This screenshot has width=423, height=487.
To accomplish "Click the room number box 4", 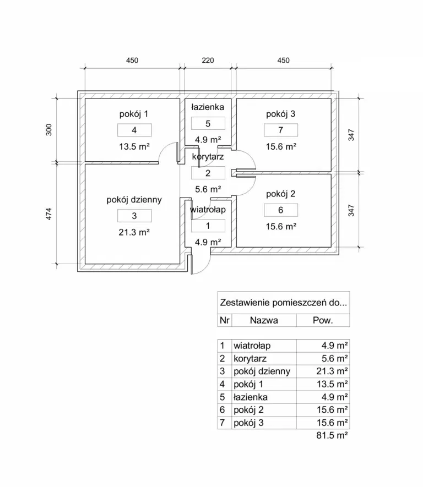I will point(134,130).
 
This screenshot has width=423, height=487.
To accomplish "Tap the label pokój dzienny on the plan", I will point(134,200).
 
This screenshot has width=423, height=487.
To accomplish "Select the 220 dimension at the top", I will point(208,61).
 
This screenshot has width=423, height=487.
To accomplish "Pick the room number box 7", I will point(280,130).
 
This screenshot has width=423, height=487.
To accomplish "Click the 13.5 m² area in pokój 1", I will point(134,146).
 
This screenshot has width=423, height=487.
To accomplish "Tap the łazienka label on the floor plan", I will point(208,107).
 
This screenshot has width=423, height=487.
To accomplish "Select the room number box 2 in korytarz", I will point(208,173).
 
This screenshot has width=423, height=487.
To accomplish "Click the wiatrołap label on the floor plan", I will point(208,210).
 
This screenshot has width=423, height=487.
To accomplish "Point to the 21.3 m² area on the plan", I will point(134,232).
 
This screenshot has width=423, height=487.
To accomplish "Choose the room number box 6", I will point(280,210).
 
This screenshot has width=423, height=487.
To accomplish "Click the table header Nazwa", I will point(264,320).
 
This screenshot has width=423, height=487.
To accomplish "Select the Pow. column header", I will point(323,320).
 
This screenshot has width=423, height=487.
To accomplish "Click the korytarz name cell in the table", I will point(250,358).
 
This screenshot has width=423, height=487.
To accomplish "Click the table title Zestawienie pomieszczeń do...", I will point(283,303).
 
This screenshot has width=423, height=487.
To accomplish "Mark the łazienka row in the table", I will point(251,397).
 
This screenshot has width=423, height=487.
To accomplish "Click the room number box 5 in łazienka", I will point(208,123).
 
